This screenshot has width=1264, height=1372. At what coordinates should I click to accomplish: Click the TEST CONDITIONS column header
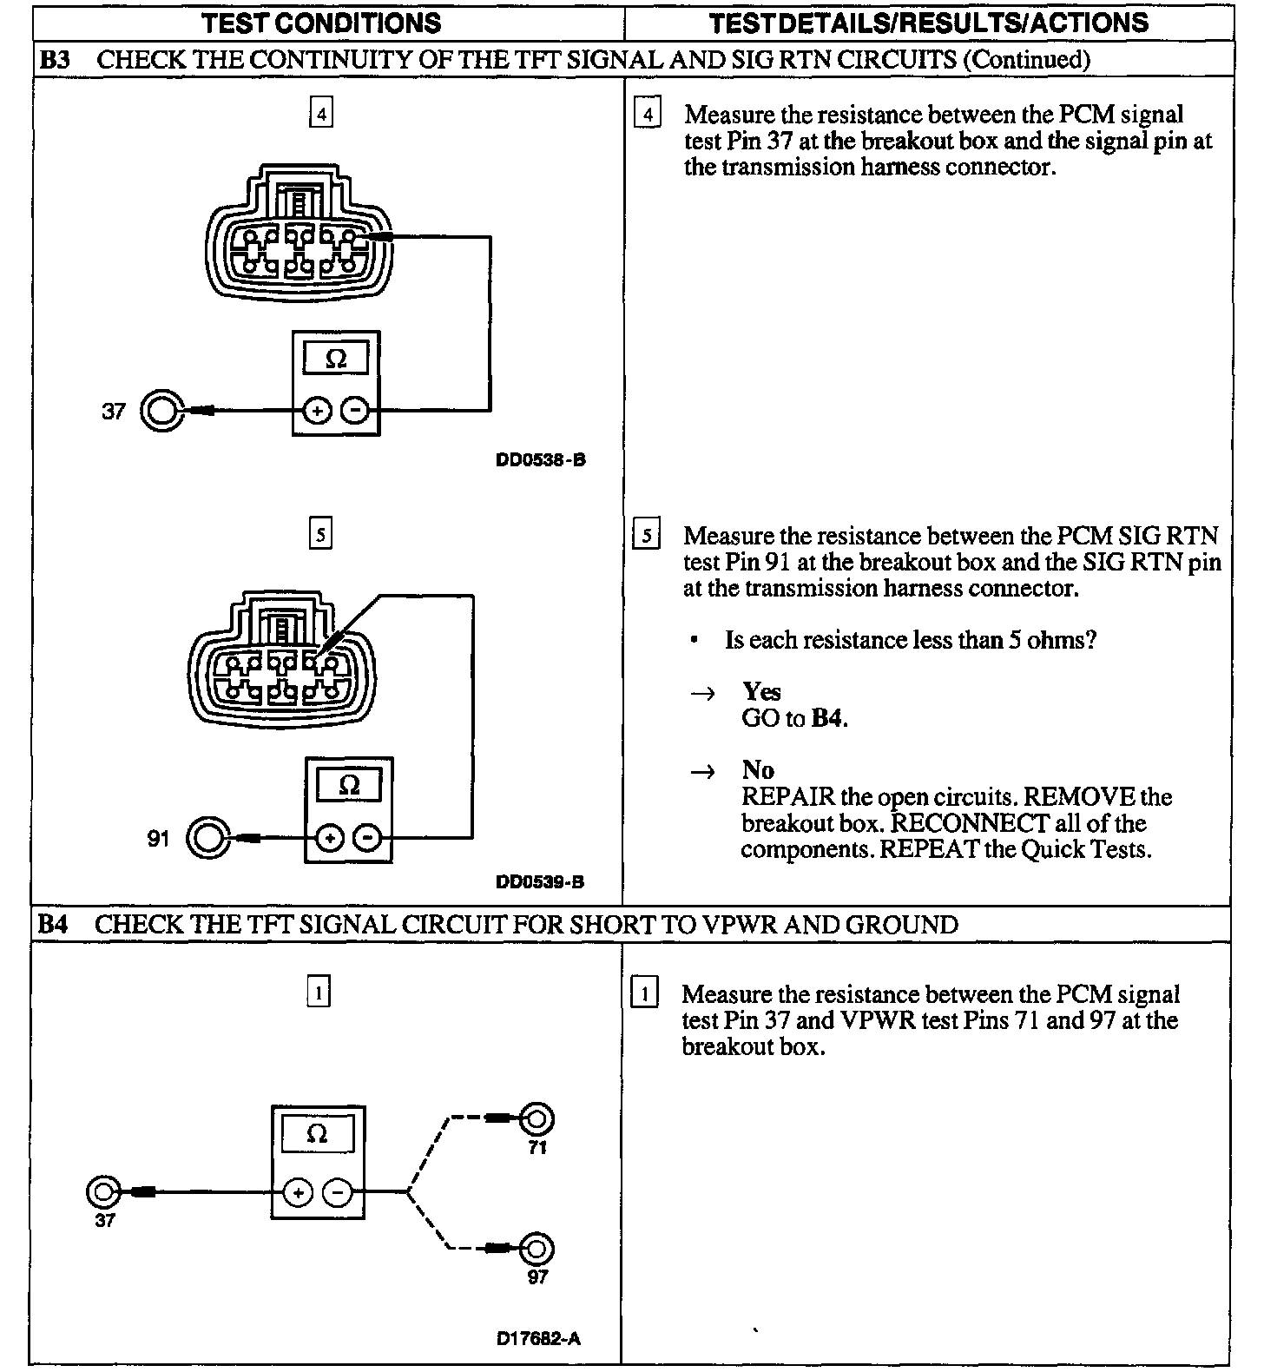pyautogui.click(x=321, y=23)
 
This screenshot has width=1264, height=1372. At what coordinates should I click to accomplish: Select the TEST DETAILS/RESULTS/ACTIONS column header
pyautogui.click(x=929, y=23)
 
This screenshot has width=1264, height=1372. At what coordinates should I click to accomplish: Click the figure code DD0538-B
pyautogui.click(x=540, y=460)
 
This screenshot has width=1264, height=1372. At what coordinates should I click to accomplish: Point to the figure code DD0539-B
pyautogui.click(x=540, y=882)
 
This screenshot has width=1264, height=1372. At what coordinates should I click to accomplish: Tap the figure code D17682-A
pyautogui.click(x=538, y=1338)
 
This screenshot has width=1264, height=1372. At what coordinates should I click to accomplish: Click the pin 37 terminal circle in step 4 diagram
pyautogui.click(x=161, y=411)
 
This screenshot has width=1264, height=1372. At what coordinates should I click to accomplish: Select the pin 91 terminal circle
pyautogui.click(x=208, y=838)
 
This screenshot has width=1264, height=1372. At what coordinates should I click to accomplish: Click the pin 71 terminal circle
pyautogui.click(x=537, y=1119)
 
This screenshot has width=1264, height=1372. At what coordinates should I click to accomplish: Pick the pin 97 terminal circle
pyautogui.click(x=537, y=1250)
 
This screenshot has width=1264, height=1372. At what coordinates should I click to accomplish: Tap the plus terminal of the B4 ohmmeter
pyautogui.click(x=298, y=1193)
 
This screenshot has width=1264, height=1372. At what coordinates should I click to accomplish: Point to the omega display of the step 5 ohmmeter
pyautogui.click(x=349, y=786)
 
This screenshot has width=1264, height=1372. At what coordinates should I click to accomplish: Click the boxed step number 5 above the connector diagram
pyautogui.click(x=320, y=534)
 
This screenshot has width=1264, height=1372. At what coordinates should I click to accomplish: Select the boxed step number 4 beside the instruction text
pyautogui.click(x=647, y=114)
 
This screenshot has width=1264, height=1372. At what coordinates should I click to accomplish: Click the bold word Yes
pyautogui.click(x=761, y=692)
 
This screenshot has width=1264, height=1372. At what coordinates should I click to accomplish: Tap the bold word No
pyautogui.click(x=758, y=770)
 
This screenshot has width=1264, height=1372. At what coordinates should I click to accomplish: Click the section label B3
pyautogui.click(x=55, y=60)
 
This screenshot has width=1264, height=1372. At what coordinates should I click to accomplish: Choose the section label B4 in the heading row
pyautogui.click(x=52, y=925)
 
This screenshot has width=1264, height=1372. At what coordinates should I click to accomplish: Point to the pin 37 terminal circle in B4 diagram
pyautogui.click(x=103, y=1192)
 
